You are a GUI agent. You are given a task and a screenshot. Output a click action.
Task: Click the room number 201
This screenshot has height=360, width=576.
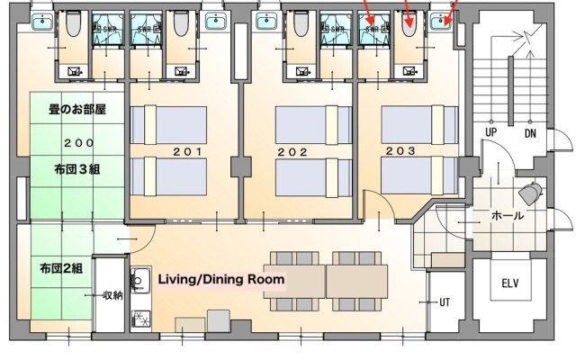click(187, 151)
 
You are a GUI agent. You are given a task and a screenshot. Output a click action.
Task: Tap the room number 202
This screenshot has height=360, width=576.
click(292, 152)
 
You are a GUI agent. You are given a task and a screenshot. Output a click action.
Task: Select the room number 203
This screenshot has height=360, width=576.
click(400, 150)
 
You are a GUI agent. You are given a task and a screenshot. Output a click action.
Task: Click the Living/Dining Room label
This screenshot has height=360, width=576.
click(221, 279)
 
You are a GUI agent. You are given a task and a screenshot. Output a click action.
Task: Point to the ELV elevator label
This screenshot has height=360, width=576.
click(510, 283)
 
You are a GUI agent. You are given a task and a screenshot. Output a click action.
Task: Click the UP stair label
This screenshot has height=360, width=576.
click(491, 132)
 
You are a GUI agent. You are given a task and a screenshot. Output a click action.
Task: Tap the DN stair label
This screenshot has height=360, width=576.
click(530, 133)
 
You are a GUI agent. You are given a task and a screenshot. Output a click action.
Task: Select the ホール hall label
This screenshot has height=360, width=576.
click(508, 216)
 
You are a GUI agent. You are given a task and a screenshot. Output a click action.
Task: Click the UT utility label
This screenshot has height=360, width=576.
click(445, 302)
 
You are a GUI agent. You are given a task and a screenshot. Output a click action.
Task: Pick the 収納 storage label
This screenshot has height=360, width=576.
click(112, 295)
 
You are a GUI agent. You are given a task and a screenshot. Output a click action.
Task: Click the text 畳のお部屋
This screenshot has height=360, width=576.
click(77, 109)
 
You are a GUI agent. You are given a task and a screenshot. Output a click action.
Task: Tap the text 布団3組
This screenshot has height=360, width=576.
click(77, 169)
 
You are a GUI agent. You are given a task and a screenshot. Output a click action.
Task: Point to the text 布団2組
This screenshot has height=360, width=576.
click(61, 268)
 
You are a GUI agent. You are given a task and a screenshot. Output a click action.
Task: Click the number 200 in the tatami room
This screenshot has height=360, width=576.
click(78, 142)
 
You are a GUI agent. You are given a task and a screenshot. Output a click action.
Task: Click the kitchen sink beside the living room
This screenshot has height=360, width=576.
click(139, 281)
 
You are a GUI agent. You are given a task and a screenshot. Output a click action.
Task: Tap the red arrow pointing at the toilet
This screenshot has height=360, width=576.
click(408, 13)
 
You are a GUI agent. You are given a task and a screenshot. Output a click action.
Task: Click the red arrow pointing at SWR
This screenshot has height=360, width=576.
click(368, 12)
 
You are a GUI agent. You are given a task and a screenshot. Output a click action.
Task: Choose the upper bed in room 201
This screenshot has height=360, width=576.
click(168, 125)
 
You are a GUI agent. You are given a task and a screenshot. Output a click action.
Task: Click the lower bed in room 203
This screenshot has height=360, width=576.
click(420, 175)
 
